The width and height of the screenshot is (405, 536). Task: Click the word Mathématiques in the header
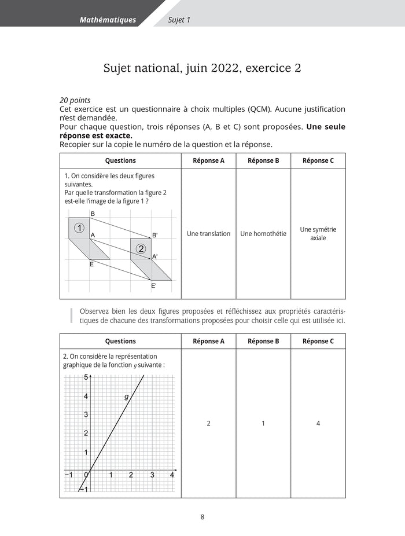108,20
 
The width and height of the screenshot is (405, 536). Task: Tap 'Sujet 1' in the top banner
179,20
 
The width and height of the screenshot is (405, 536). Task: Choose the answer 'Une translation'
208,234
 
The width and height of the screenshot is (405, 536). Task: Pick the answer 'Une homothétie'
263,234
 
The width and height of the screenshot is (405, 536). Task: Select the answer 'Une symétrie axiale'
318,234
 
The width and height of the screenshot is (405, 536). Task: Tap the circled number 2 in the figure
141,249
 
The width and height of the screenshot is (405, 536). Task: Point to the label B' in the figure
154,235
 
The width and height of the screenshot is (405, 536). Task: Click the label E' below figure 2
154,285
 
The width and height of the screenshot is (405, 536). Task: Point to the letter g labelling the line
126,397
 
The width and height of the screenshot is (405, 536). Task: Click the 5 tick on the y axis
86,377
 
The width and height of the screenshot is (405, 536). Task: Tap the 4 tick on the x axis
172,475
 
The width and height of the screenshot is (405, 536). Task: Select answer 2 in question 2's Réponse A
208,424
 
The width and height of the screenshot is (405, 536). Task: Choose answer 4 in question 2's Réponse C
318,424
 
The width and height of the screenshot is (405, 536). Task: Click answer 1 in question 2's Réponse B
263,424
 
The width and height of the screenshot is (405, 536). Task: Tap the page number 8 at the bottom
202,517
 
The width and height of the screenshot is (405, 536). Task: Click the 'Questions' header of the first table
120,160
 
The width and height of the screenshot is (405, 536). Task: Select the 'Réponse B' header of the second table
263,341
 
